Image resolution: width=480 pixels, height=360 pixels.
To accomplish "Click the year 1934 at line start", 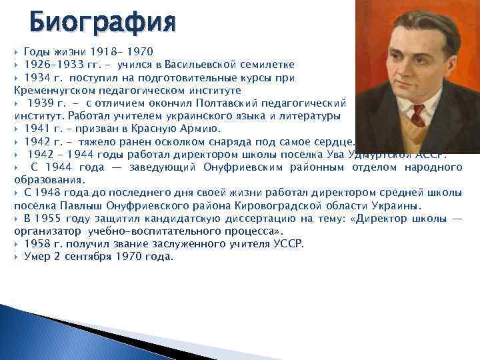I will point(36,77).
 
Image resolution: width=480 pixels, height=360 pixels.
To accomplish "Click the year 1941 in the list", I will point(36,129).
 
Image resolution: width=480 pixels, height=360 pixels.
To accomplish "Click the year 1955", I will point(48,218).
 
